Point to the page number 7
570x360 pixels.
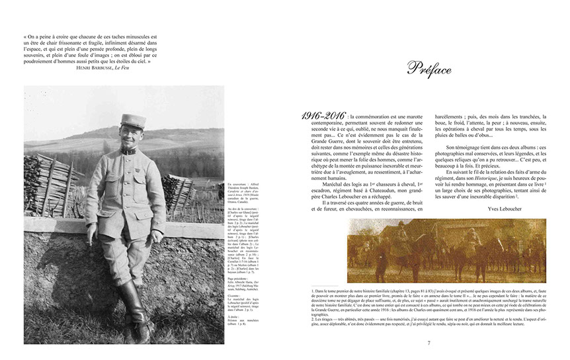click(428, 343)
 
